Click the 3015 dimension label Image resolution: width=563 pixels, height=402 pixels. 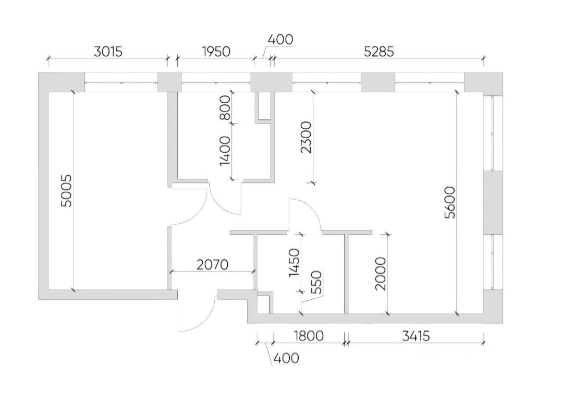click(108, 52)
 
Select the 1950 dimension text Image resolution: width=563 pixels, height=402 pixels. click(216, 52)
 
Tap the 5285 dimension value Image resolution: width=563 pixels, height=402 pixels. click(379, 52)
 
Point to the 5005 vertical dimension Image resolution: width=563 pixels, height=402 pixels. click(66, 191)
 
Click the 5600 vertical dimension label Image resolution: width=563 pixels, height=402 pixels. click(449, 202)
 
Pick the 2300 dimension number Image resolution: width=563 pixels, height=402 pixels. click(307, 137)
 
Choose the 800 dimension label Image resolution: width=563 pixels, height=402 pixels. click(225, 107)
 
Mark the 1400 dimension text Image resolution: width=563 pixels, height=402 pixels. click(225, 151)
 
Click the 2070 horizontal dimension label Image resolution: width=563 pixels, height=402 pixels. click(213, 265)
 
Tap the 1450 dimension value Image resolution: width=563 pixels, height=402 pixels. click(293, 262)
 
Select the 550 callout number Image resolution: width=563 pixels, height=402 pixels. click(316, 282)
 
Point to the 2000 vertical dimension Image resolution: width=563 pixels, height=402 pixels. click(380, 273)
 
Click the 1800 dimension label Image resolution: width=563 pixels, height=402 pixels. click(309, 336)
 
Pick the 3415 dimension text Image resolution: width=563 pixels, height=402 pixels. click(415, 336)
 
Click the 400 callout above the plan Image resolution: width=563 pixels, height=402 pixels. click(280, 39)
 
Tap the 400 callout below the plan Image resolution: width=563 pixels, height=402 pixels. click(286, 358)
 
